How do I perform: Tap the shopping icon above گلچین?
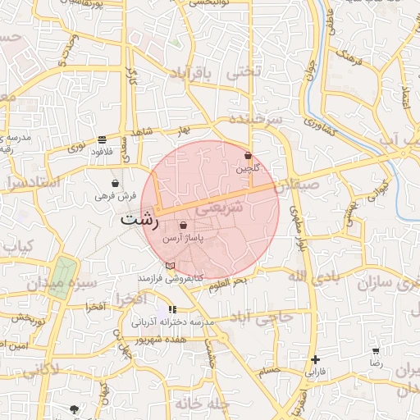248,155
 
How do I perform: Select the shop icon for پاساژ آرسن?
182,225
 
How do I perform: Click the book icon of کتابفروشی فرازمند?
170,265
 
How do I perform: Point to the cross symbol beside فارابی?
315,359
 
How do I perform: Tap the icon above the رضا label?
376,350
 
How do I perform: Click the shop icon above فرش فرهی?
115,183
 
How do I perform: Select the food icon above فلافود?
102,139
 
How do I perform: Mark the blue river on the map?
392,168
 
